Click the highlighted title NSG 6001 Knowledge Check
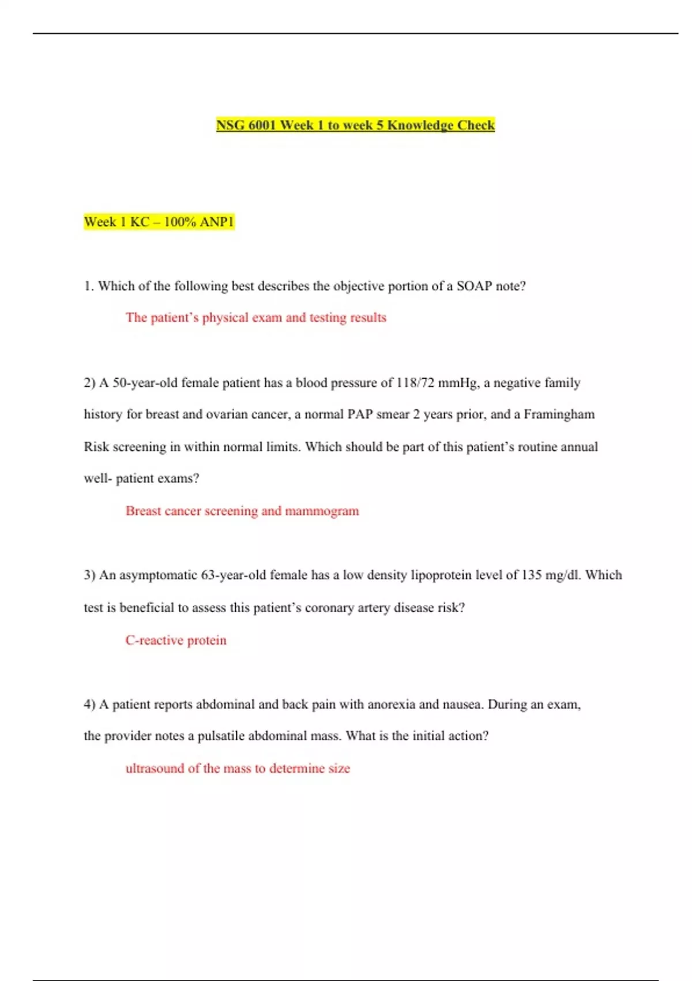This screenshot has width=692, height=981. click(355, 125)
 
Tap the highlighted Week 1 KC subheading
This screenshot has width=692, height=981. click(159, 222)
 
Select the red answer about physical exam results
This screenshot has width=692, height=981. click(255, 317)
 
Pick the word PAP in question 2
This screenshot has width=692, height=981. click(360, 414)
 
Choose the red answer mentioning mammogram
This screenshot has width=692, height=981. click(242, 511)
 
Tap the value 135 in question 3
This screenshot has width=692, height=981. click(531, 575)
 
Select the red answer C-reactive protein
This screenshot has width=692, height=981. click(176, 640)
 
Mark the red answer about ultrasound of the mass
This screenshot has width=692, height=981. click(238, 768)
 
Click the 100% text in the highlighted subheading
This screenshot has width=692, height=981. click(179, 222)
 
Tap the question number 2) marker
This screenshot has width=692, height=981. click(89, 383)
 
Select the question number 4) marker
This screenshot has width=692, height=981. click(89, 704)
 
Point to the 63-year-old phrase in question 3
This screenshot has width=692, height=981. click(233, 575)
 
